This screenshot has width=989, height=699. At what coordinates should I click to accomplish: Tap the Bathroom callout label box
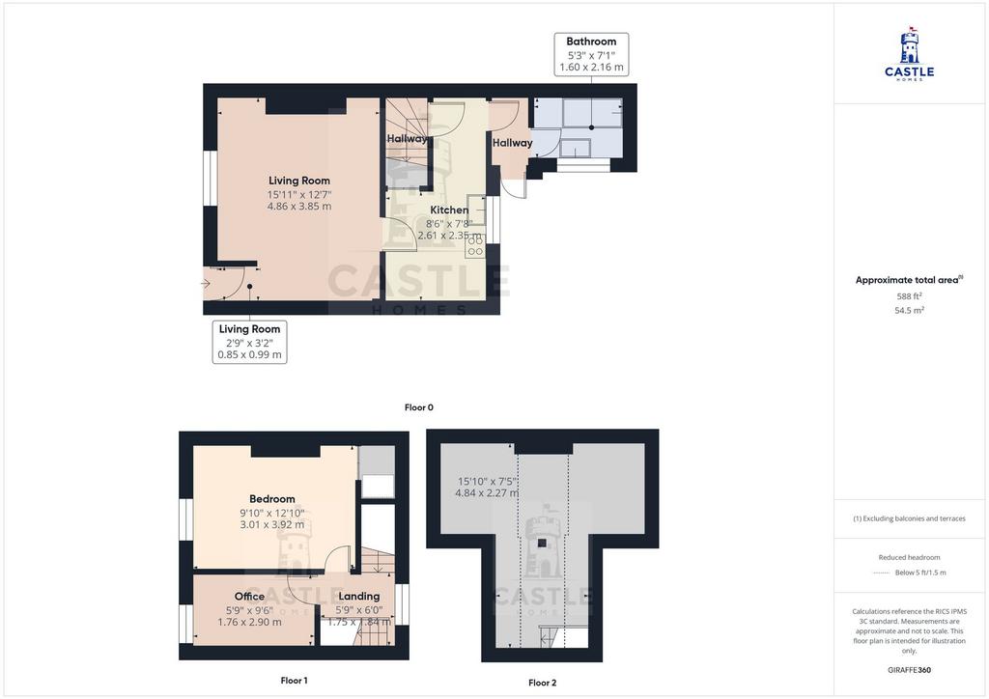(591, 54)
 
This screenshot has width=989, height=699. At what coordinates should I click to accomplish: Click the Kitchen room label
(449, 210)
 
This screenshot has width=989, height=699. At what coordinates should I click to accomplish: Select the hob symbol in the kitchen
(475, 245)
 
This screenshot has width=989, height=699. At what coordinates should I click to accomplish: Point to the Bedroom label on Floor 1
(271, 498)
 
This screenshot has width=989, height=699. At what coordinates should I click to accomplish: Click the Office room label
(250, 597)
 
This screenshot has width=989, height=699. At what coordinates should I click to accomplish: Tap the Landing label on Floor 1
(359, 597)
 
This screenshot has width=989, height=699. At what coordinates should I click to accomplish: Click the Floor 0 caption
(419, 407)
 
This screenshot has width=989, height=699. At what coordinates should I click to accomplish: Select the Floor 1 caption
(294, 680)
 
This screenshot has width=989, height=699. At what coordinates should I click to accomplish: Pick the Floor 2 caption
(543, 683)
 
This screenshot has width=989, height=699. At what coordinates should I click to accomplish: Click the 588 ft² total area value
(909, 296)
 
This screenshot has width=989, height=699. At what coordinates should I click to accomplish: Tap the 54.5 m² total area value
(909, 310)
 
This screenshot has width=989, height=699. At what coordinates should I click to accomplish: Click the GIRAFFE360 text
(909, 670)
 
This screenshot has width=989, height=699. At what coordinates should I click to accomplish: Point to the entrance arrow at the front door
(206, 284)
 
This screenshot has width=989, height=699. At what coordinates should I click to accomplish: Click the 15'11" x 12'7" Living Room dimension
(299, 195)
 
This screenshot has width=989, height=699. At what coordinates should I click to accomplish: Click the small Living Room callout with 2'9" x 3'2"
(250, 342)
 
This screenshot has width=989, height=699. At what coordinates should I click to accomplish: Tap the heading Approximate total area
(909, 280)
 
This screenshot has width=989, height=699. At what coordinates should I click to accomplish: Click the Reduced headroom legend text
(909, 557)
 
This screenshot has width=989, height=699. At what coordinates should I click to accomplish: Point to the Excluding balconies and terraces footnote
(909, 518)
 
